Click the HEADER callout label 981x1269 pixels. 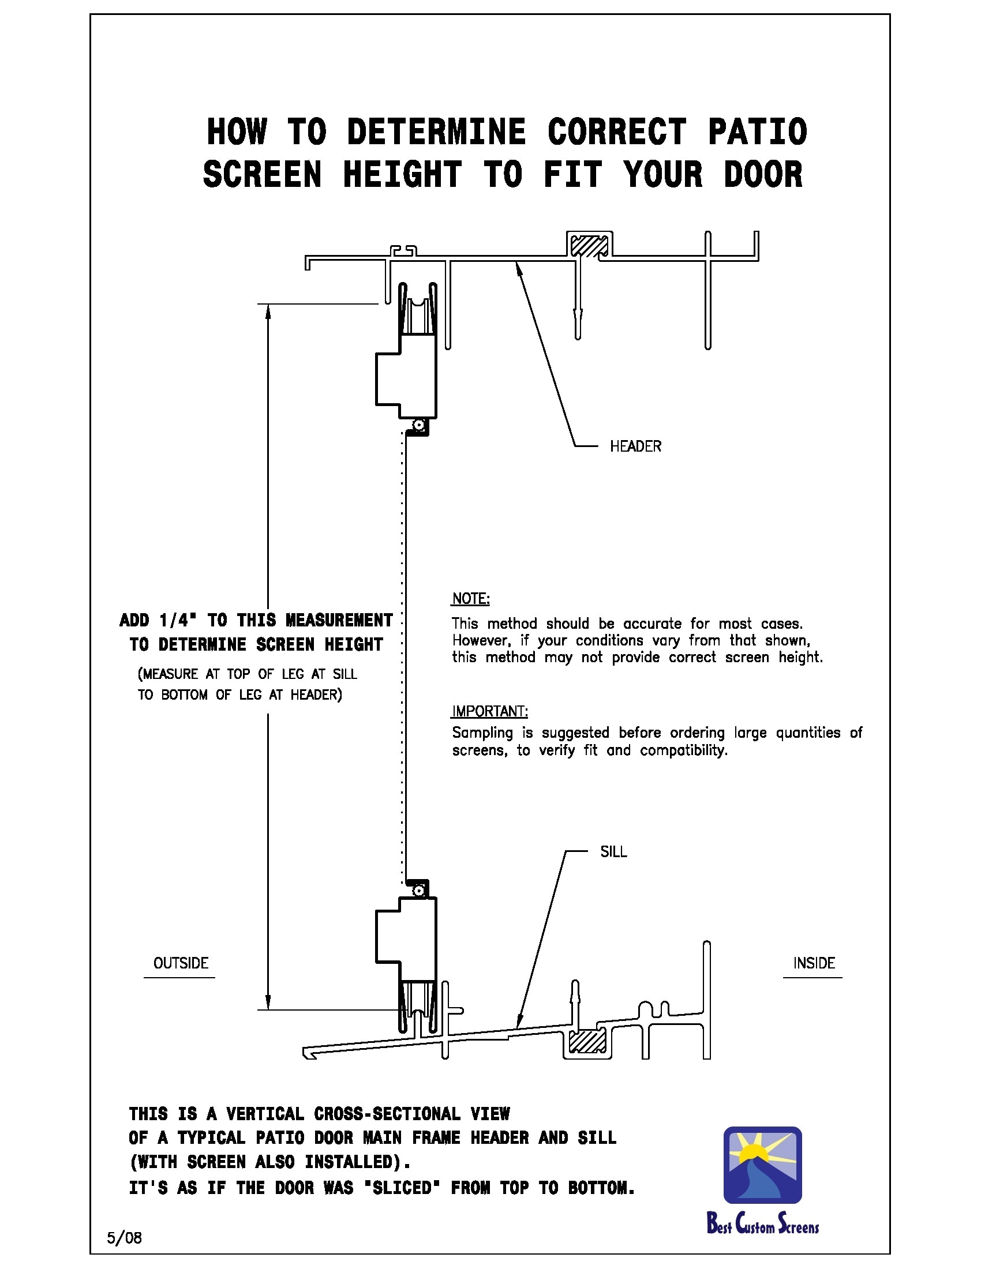coord(635,446)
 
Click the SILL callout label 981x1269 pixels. coord(613,852)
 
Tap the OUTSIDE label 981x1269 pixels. coord(180,963)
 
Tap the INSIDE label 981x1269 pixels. coord(814,963)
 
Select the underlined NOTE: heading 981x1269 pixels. coord(471,599)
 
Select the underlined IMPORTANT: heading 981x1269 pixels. coord(489,711)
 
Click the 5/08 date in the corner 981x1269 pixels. coord(124,1238)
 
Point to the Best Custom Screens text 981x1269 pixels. coord(762,1223)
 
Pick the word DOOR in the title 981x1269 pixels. coord(763,174)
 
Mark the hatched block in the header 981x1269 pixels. coord(588,245)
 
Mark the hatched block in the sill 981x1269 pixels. coord(587,1041)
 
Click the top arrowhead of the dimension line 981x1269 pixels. coord(268,313)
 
